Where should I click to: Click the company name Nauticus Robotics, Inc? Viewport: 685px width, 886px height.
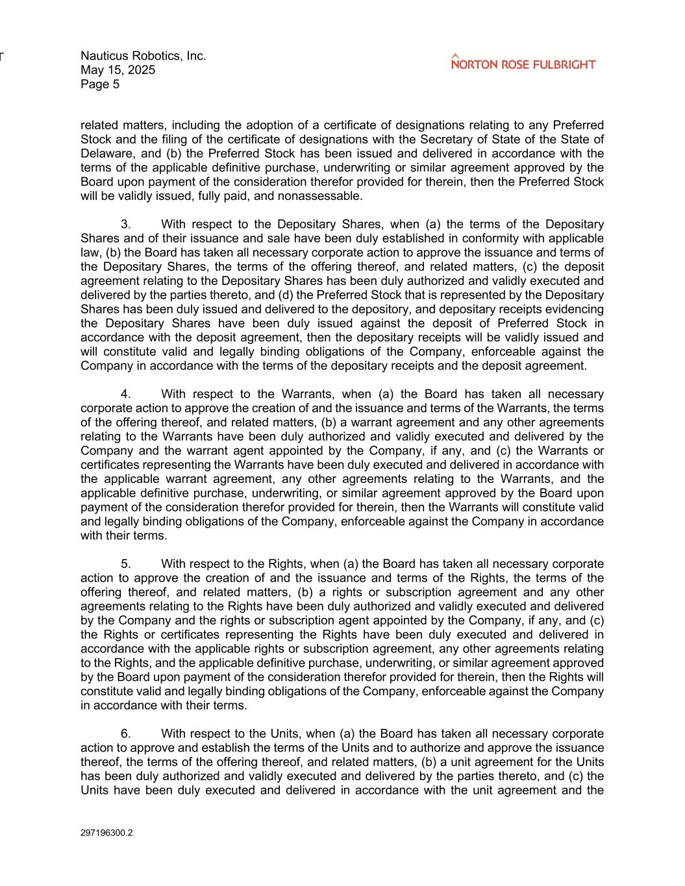pyautogui.click(x=143, y=56)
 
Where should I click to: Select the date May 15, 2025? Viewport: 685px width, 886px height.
pyautogui.click(x=118, y=70)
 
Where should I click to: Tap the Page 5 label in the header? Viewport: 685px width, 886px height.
pyautogui.click(x=100, y=84)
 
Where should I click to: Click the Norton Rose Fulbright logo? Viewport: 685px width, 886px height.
pyautogui.click(x=523, y=62)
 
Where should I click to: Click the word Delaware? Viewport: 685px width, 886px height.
pyautogui.click(x=106, y=154)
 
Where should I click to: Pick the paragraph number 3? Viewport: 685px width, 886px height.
pyautogui.click(x=126, y=225)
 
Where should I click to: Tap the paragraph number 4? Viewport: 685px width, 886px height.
pyautogui.click(x=126, y=394)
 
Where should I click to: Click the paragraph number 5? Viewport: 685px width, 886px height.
pyautogui.click(x=126, y=564)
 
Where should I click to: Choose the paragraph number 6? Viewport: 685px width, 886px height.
pyautogui.click(x=126, y=734)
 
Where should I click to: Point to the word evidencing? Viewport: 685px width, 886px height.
pyautogui.click(x=574, y=309)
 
